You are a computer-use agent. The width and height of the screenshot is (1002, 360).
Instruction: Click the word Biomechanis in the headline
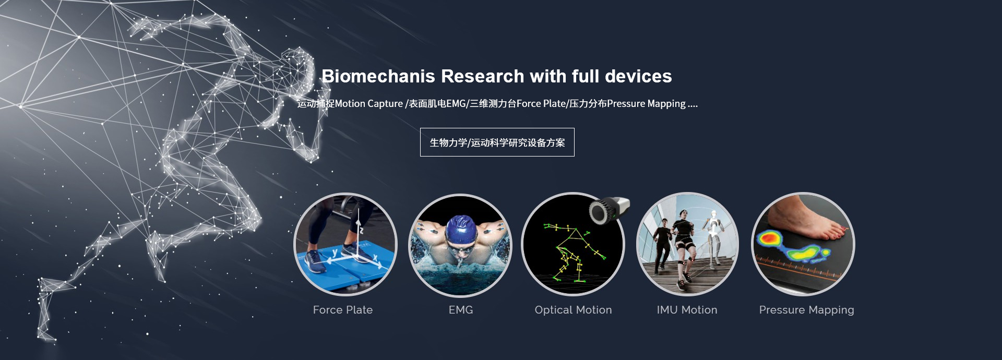[378, 76]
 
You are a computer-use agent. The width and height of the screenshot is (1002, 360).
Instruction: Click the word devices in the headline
[638, 76]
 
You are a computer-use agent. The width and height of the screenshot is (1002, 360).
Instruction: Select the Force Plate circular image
[345, 244]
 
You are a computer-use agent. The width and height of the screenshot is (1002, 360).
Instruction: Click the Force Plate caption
[343, 310]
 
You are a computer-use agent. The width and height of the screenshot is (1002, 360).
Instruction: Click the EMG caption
[461, 310]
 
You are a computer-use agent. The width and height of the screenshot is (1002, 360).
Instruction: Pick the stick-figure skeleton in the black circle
[572, 253]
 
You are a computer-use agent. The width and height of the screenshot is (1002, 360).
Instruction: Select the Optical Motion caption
[573, 310]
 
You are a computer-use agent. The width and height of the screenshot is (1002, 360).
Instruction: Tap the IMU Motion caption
[687, 310]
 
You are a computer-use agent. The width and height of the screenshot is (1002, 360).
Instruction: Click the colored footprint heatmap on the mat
[792, 246]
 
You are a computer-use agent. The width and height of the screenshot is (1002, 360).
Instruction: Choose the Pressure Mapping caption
[806, 310]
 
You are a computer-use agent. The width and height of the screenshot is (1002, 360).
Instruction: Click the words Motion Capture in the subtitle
[369, 104]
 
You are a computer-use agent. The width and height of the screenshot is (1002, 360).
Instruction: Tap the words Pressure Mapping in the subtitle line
[646, 104]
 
